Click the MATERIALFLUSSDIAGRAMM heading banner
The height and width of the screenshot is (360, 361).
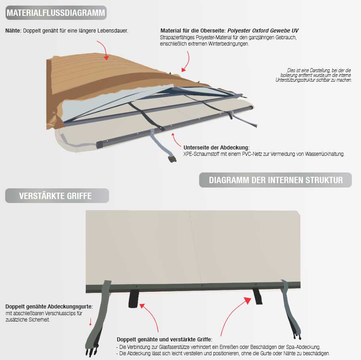pyautogui.click(x=56, y=13)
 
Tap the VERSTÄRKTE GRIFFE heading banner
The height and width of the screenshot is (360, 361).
pyautogui.click(x=57, y=196)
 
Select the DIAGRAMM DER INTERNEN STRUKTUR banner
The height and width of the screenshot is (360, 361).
pyautogui.click(x=275, y=180)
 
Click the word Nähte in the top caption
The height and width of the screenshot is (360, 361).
pyautogui.click(x=13, y=31)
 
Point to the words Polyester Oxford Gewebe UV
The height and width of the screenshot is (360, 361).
pyautogui.click(x=263, y=31)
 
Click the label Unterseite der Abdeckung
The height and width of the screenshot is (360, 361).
pyautogui.click(x=217, y=147)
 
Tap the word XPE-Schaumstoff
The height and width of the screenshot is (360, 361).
pyautogui.click(x=201, y=154)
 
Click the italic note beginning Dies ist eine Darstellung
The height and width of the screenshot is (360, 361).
pyautogui.click(x=313, y=75)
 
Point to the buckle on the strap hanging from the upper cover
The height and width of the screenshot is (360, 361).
pyautogui.click(x=172, y=159)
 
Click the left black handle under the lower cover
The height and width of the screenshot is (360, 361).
pyautogui.click(x=134, y=299)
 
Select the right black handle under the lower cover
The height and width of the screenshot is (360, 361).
pyautogui.click(x=257, y=297)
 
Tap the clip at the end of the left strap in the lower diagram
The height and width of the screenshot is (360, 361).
pyautogui.click(x=92, y=350)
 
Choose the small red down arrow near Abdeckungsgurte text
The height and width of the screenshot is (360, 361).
pyautogui.click(x=90, y=322)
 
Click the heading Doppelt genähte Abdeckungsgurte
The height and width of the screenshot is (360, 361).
pyautogui.click(x=49, y=306)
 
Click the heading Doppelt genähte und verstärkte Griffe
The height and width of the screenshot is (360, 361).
pyautogui.click(x=165, y=339)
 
